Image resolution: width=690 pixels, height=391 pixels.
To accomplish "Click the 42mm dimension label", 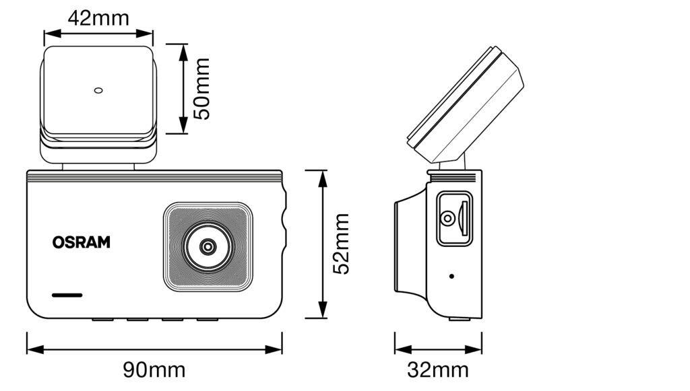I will [x=98, y=18].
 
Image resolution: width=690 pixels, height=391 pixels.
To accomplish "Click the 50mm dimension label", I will [x=202, y=89].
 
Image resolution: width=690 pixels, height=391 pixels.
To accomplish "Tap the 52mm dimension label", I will [x=342, y=244].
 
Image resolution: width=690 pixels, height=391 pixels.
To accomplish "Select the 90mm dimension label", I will [x=154, y=369].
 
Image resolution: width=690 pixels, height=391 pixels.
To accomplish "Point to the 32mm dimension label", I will [x=438, y=369].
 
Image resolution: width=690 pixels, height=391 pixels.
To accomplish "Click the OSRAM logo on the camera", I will [x=81, y=242].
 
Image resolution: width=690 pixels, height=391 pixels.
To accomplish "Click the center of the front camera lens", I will [x=208, y=247].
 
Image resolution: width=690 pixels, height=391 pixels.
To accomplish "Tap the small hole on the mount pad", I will [x=98, y=90].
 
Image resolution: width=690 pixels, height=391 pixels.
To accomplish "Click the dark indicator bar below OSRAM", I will [x=67, y=295].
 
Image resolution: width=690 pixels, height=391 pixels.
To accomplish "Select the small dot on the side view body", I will [x=451, y=276].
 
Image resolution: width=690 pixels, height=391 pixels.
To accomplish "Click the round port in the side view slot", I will [x=447, y=219].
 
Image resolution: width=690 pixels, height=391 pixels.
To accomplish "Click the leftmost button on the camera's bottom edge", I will [x=102, y=318].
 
